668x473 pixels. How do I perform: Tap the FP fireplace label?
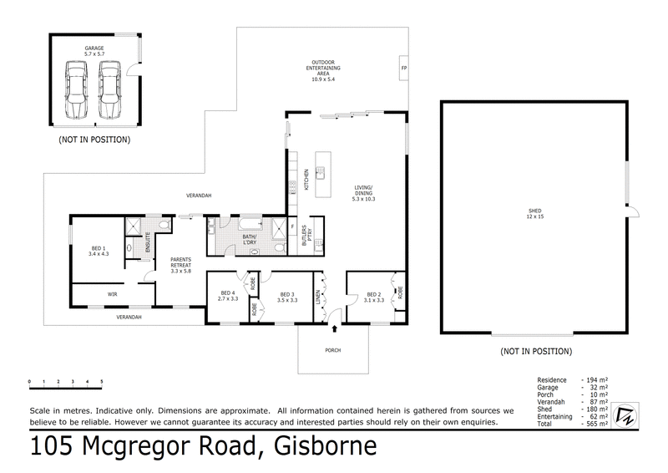404,67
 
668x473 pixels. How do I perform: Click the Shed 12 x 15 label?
535,214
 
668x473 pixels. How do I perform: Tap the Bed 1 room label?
99,251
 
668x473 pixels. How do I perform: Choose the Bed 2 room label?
374,297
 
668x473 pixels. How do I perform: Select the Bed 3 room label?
288,297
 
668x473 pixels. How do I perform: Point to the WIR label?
112,295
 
